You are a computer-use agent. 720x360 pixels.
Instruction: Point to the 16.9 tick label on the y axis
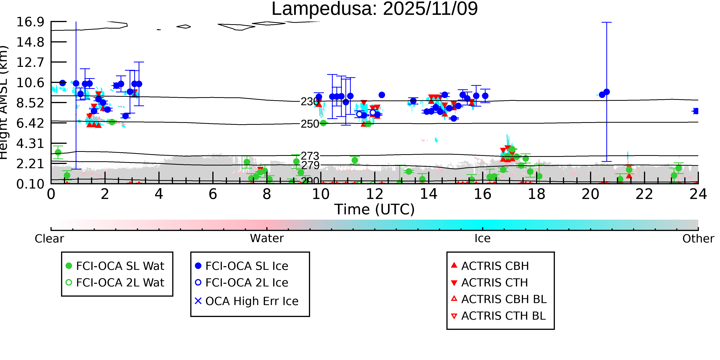(x=30, y=22)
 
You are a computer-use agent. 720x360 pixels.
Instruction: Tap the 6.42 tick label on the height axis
(x=30, y=123)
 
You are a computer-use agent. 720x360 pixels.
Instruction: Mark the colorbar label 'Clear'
(x=49, y=239)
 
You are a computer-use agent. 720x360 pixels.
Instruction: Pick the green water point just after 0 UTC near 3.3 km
(x=58, y=152)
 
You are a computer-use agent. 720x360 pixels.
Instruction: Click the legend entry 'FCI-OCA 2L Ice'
(x=247, y=283)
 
